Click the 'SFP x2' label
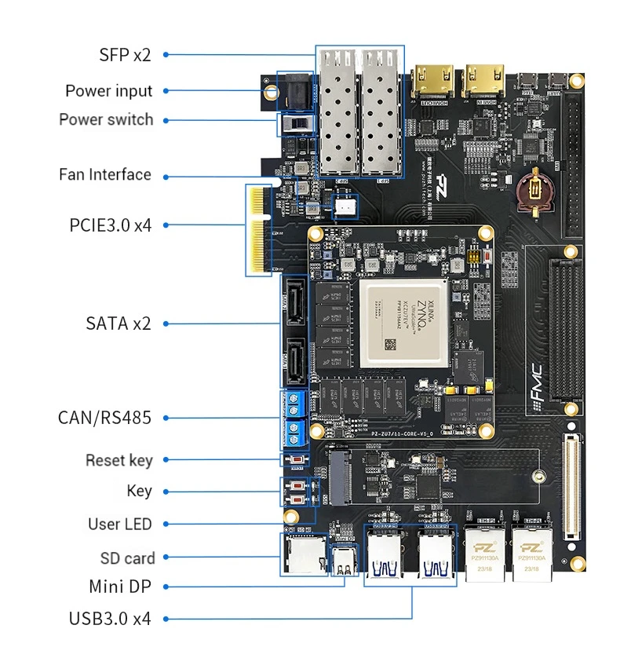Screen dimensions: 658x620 (125, 55)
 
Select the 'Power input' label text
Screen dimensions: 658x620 (109, 91)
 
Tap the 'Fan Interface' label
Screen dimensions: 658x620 (105, 174)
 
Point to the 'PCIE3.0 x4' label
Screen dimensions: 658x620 (110, 225)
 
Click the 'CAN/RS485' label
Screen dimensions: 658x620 (104, 417)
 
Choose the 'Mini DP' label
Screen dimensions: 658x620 (120, 586)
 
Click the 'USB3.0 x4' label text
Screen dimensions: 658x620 (109, 618)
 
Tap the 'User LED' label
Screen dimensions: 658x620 (120, 524)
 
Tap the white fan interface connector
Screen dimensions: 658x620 (345, 207)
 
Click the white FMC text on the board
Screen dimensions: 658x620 (534, 380)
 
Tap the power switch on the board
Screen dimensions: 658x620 (297, 125)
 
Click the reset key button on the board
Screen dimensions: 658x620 (297, 460)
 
